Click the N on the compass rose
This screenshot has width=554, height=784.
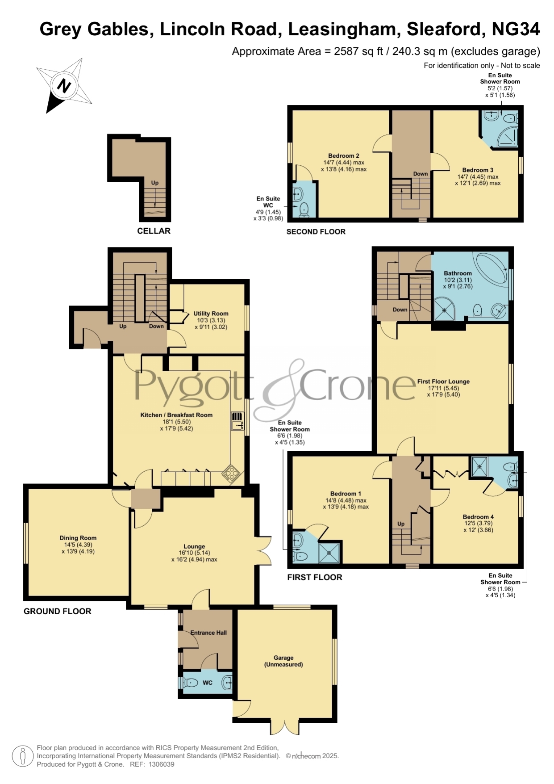pyautogui.click(x=64, y=85)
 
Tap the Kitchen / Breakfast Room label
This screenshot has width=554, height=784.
pyautogui.click(x=176, y=415)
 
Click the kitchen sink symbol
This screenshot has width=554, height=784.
pyautogui.click(x=237, y=421)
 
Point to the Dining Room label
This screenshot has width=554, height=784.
pyautogui.click(x=78, y=538)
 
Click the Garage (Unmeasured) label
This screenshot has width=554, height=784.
pyautogui.click(x=283, y=661)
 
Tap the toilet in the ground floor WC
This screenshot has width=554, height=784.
pyautogui.click(x=191, y=683)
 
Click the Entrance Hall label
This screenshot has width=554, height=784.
pyautogui.click(x=208, y=633)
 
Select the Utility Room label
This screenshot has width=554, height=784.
pyautogui.click(x=211, y=314)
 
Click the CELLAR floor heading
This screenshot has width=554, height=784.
pyautogui.click(x=154, y=231)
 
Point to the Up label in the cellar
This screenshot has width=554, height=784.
pyautogui.click(x=155, y=183)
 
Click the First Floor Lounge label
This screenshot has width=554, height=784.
pyautogui.click(x=443, y=382)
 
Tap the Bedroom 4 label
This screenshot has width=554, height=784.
pyautogui.click(x=478, y=517)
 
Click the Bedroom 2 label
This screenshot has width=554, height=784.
pyautogui.click(x=344, y=156)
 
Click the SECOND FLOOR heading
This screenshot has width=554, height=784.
pyautogui.click(x=316, y=231)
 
